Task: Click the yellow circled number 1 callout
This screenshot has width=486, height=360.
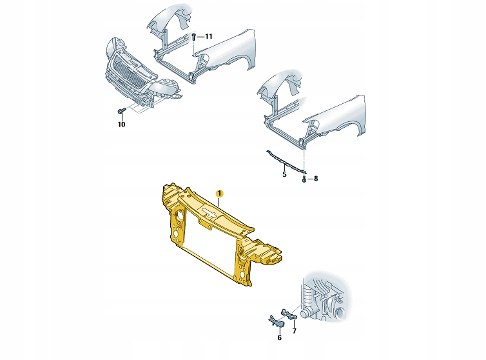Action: point(219,193)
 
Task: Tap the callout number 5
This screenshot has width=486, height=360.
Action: point(284,174)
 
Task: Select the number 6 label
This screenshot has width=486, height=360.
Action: point(279,337)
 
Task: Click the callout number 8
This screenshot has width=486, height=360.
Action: point(315,178)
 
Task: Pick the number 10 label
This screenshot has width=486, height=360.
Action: point(121,125)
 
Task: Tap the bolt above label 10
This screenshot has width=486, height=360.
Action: point(121,112)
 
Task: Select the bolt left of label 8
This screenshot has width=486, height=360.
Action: point(304,178)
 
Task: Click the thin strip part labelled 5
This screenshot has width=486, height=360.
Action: point(284,159)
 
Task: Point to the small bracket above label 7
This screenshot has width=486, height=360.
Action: point(289,314)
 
